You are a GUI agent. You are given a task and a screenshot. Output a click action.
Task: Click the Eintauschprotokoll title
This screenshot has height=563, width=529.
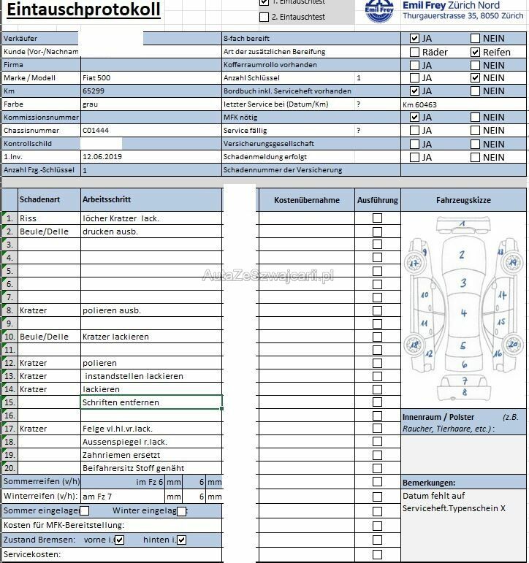[x=84, y=10]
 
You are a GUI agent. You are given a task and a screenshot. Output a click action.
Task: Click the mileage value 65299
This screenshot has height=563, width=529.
[x=94, y=91]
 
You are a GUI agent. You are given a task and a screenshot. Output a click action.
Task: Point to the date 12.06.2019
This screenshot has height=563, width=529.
[x=102, y=157]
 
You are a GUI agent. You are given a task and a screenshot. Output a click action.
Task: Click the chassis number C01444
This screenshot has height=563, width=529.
[x=96, y=131]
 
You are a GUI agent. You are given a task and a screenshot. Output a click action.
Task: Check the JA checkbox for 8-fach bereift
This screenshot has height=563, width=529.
[x=415, y=39]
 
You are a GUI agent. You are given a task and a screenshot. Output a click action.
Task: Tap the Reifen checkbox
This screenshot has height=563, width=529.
[x=476, y=52]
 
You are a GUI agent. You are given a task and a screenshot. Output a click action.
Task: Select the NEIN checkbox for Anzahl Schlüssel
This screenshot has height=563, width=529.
[x=476, y=78]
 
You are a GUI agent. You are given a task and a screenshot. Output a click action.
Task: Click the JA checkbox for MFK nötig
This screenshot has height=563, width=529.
[x=415, y=118]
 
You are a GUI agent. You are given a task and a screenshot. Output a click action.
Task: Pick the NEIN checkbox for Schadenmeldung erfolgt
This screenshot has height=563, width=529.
[x=476, y=157]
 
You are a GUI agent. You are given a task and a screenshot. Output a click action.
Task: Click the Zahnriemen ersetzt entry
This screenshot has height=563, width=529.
[x=122, y=455]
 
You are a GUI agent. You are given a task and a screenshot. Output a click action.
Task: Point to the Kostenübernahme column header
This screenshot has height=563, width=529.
[x=306, y=200]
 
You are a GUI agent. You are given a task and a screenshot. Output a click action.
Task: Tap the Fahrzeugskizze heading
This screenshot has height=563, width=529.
[x=463, y=200]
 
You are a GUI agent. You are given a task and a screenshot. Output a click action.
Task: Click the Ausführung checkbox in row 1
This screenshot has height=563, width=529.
[x=377, y=218]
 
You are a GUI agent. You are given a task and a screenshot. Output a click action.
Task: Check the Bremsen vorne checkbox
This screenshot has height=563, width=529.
[x=120, y=540]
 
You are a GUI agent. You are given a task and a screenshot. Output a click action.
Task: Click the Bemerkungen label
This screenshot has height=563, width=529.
[x=429, y=483]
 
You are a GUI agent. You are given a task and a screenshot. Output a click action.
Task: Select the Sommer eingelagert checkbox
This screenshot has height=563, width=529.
[x=84, y=511]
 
